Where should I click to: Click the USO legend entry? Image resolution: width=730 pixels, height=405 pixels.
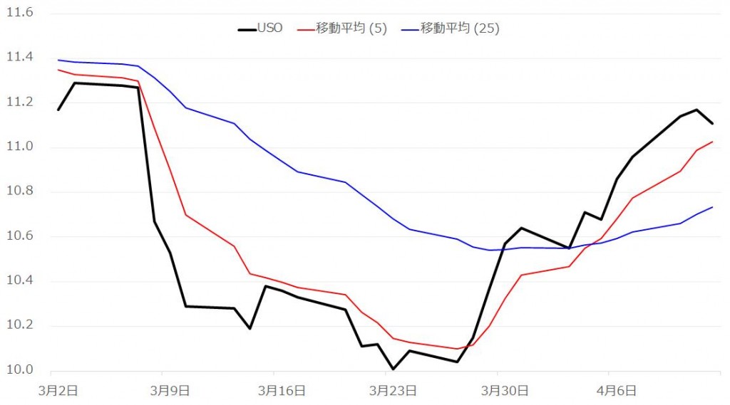(x=260, y=28)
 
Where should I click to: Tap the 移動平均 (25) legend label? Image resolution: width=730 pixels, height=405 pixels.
(x=460, y=28)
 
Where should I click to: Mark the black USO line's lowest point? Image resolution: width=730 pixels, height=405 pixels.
(x=393, y=369)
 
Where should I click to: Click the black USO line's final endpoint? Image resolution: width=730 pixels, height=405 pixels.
(x=712, y=123)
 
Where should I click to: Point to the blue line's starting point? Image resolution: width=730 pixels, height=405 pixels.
(x=58, y=60)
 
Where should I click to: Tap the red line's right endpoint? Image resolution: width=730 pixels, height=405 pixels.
(x=712, y=142)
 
